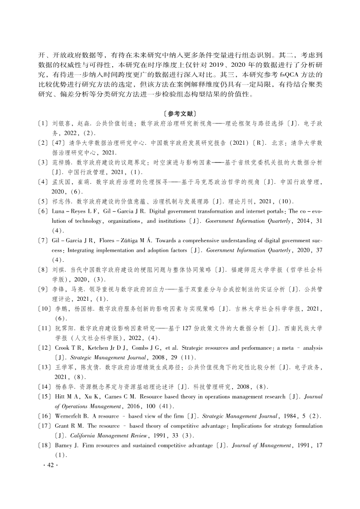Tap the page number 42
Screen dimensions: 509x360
point(47,465)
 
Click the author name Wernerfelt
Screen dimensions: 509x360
point(68,416)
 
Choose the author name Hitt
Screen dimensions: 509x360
point(59,396)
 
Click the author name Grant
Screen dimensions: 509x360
point(60,426)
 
